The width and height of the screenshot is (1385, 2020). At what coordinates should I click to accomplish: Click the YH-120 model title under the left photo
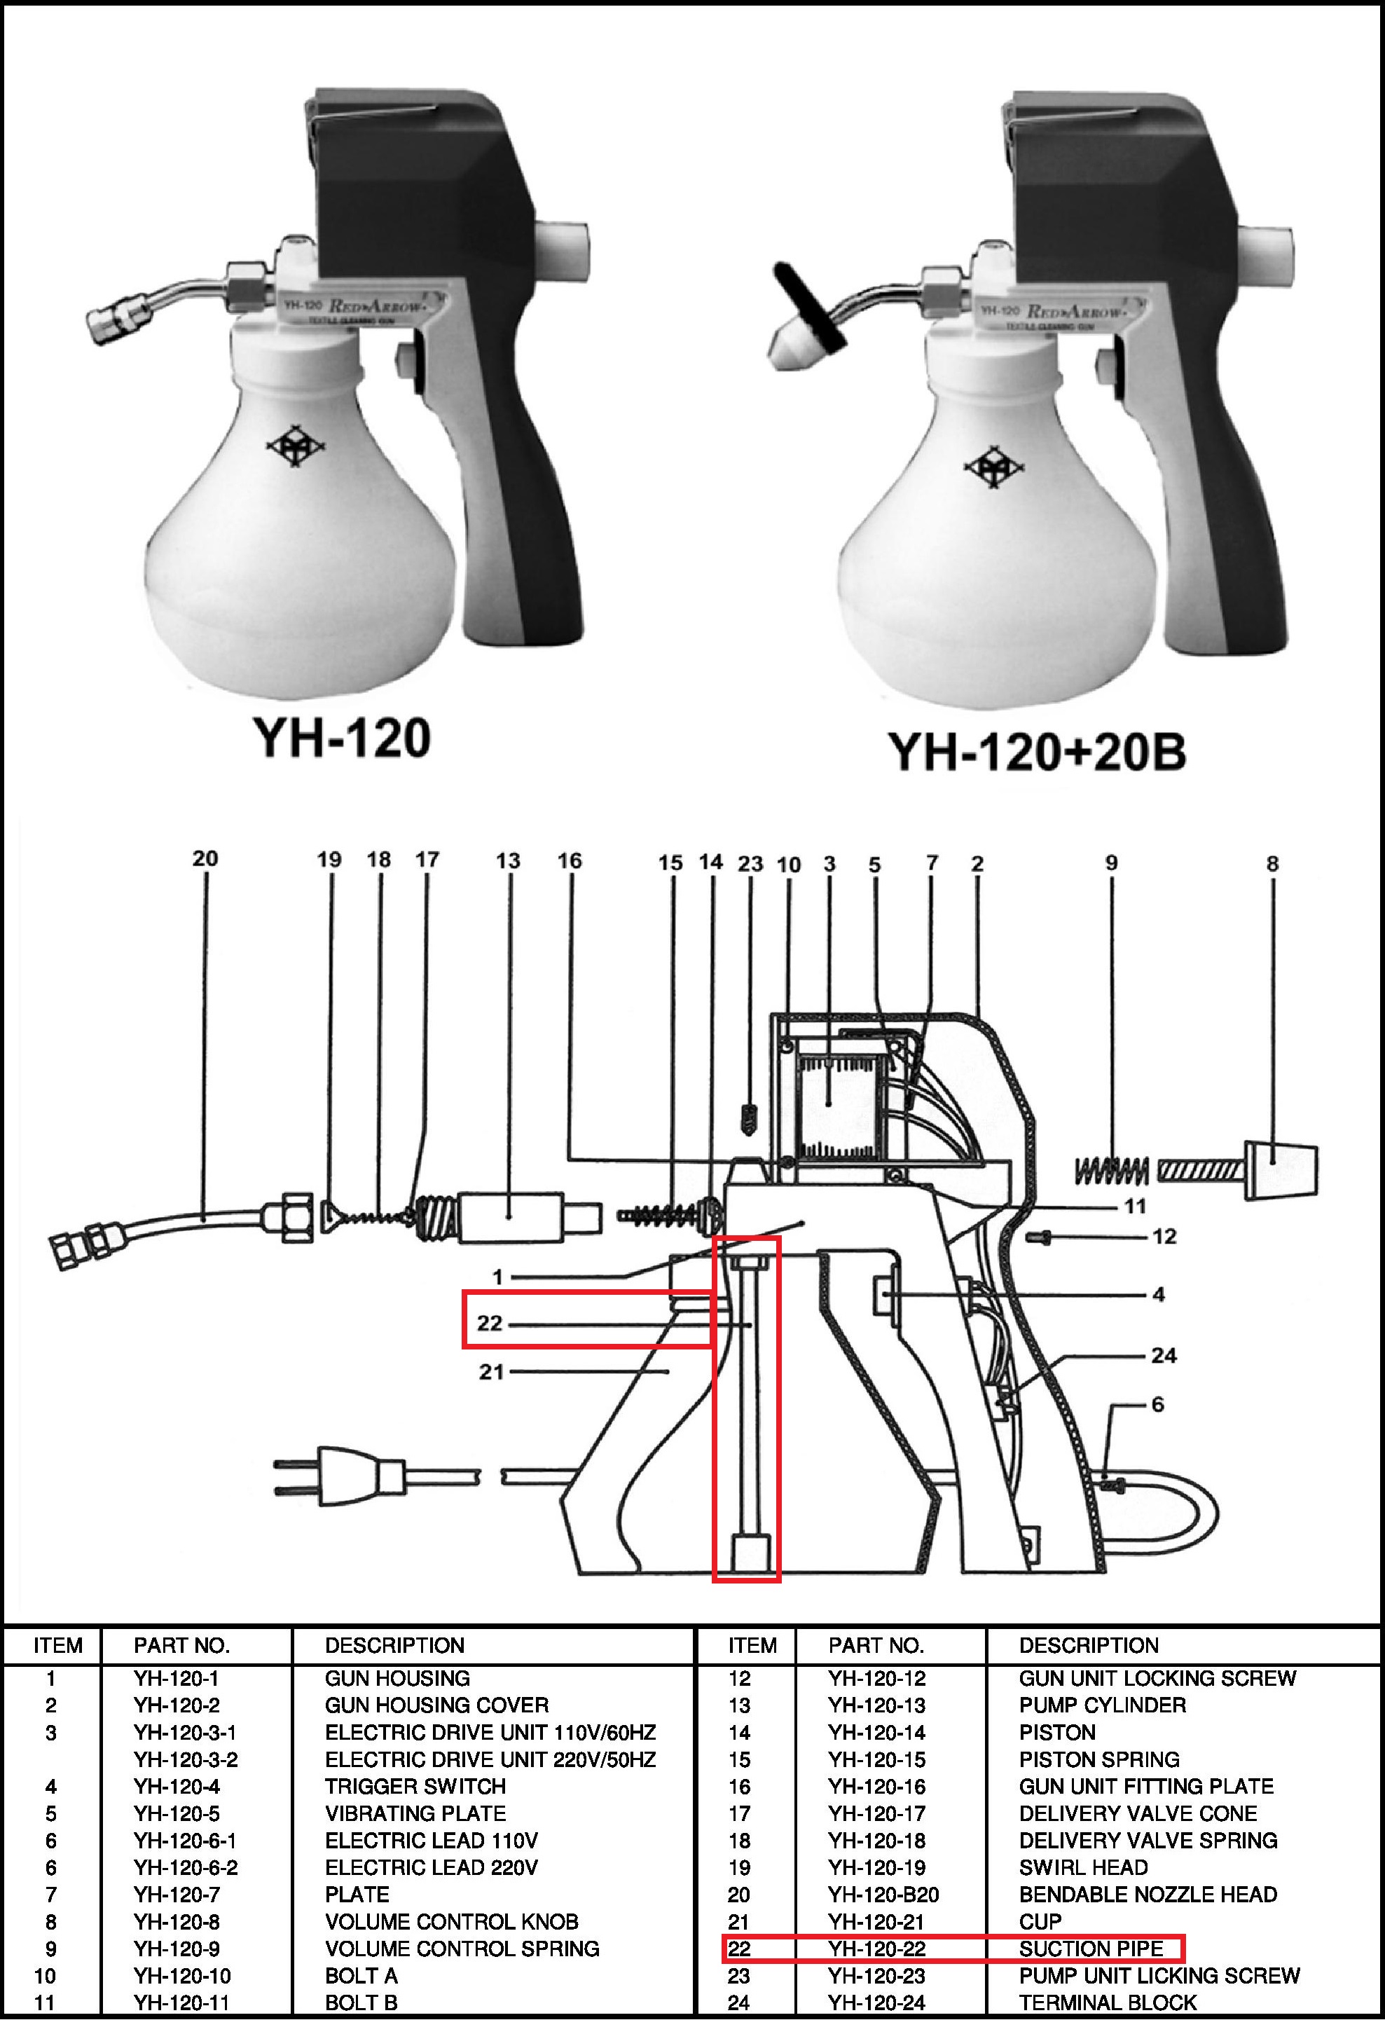(x=341, y=738)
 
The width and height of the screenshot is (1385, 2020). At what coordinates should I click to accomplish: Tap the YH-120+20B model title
(x=1037, y=751)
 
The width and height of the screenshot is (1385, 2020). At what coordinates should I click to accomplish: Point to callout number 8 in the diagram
(x=1272, y=863)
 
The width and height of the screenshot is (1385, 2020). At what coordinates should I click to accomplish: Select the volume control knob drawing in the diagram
(x=1281, y=1170)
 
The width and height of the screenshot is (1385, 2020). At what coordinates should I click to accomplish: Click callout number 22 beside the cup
(x=489, y=1322)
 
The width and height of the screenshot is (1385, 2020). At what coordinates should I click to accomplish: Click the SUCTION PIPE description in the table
(x=1091, y=1948)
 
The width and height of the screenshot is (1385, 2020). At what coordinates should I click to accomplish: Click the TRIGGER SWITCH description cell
(x=415, y=1786)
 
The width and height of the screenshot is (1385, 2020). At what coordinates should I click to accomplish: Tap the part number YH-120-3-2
(x=185, y=1759)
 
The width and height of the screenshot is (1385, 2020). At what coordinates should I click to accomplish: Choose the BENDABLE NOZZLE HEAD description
(x=1148, y=1894)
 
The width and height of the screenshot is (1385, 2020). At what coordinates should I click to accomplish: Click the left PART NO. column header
(x=181, y=1645)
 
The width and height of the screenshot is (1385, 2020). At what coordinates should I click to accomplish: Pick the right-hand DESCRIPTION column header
(x=1089, y=1645)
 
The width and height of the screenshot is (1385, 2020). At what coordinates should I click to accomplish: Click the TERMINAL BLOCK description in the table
(x=1108, y=2002)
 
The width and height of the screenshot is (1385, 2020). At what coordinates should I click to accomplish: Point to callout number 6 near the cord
(x=1157, y=1403)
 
